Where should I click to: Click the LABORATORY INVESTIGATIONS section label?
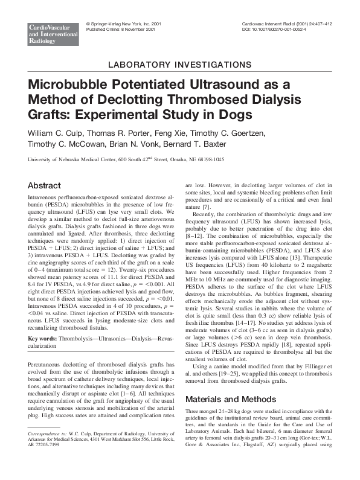point(180,64)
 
